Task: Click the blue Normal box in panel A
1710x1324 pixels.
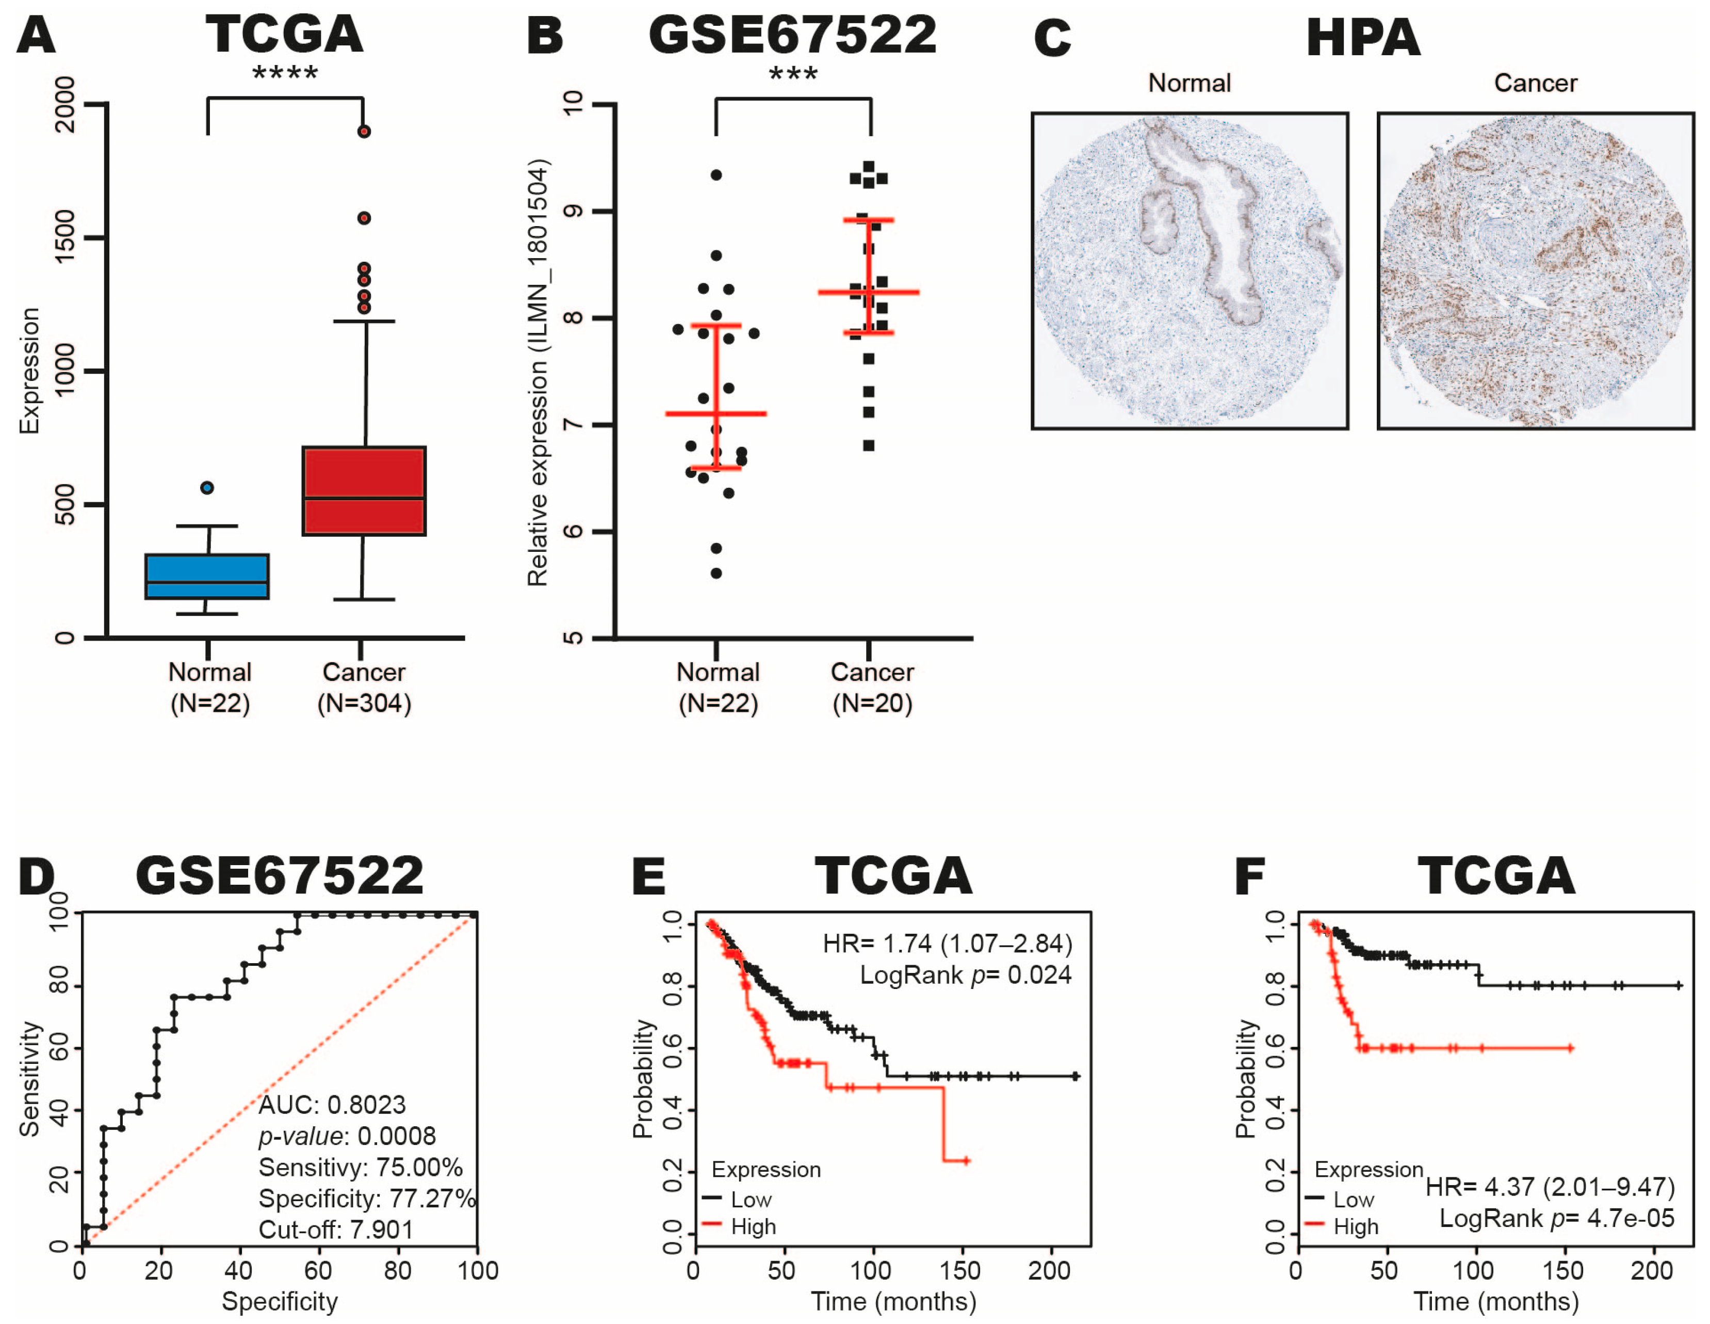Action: point(207,577)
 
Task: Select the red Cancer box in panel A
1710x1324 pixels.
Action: point(364,491)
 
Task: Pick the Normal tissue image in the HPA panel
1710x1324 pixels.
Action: point(1190,271)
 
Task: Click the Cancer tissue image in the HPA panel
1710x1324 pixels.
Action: point(1536,271)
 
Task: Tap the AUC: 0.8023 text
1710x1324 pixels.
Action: point(332,1105)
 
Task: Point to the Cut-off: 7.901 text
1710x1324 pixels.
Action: point(336,1229)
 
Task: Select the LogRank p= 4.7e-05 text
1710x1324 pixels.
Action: point(1557,1218)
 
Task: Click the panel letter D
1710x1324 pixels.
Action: point(37,876)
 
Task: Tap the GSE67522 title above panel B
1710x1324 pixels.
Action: point(792,35)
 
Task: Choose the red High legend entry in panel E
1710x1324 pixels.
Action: point(740,1226)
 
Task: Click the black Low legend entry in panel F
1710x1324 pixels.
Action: point(1341,1200)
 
